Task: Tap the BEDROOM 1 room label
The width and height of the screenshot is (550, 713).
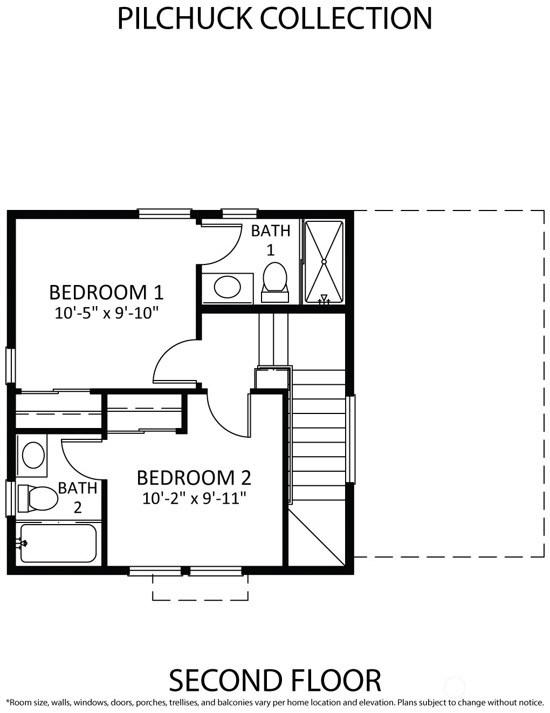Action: tap(106, 293)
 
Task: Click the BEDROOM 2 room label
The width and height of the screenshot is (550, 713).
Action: tap(194, 478)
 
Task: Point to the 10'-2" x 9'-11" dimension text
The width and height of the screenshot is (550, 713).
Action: tap(194, 499)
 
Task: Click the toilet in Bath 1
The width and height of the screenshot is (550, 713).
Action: tap(275, 282)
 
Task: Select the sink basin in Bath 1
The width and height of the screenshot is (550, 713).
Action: tap(227, 287)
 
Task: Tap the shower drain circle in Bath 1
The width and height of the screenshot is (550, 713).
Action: tap(324, 262)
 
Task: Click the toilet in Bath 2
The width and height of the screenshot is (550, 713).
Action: tap(38, 498)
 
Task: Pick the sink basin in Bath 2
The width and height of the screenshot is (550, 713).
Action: tap(33, 455)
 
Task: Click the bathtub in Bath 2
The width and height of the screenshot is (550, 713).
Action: tap(58, 544)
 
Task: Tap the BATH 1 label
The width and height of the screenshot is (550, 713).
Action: tap(271, 240)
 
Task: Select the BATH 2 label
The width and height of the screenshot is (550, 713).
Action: tap(78, 498)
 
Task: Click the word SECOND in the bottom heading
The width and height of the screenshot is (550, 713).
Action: tap(226, 681)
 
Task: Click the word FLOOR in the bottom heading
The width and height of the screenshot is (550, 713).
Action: tap(336, 681)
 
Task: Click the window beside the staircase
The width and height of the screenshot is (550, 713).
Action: tap(350, 439)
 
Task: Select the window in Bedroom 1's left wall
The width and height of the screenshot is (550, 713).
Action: tap(10, 366)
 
